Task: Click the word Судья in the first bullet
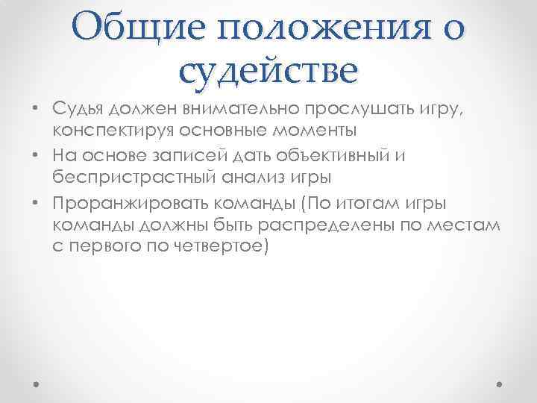79,109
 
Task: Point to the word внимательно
238,109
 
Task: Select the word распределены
331,225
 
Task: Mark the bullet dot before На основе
36,157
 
